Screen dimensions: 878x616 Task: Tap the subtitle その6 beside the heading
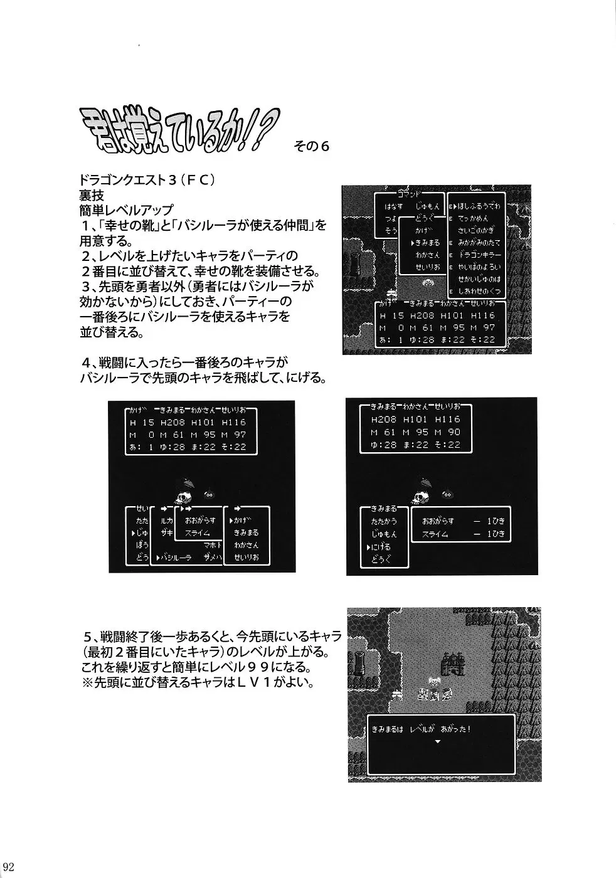[x=311, y=145]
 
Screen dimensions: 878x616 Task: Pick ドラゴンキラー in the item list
[x=479, y=254]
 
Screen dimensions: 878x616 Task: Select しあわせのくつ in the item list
[x=479, y=291]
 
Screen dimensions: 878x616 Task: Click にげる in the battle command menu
[x=380, y=546]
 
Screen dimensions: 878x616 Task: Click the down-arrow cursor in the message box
[x=437, y=741]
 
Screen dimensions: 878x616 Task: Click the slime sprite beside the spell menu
[x=209, y=495]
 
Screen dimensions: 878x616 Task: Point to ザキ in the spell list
[x=166, y=531]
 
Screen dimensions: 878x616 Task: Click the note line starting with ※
[x=197, y=682]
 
